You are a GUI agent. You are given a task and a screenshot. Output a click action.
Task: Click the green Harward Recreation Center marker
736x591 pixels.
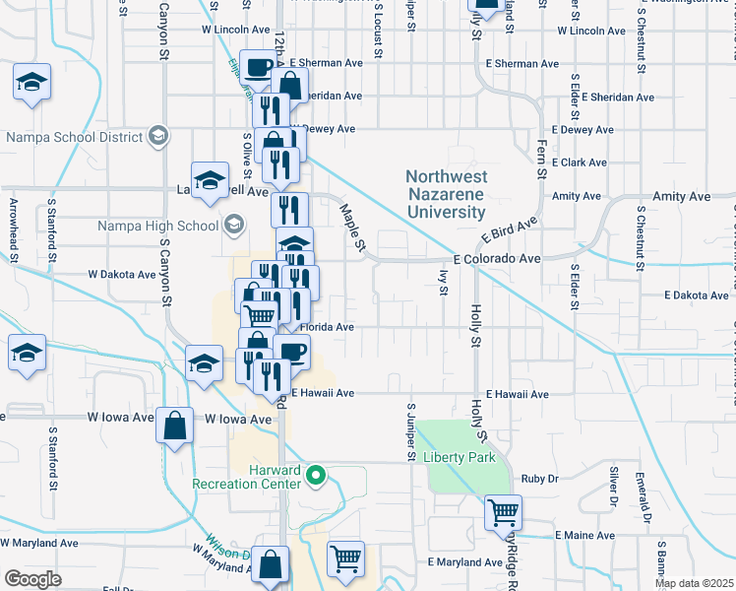pyautogui.click(x=316, y=478)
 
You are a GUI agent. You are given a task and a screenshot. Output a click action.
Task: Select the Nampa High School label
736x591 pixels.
pyautogui.click(x=157, y=226)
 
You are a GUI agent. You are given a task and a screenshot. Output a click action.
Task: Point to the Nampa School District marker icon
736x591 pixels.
pyautogui.click(x=156, y=137)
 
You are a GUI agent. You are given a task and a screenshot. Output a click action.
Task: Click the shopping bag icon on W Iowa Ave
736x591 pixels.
pyautogui.click(x=174, y=427)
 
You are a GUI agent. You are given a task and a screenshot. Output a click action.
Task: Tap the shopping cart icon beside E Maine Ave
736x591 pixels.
pyautogui.click(x=503, y=511)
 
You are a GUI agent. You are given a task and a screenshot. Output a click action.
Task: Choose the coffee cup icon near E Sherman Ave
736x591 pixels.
pyautogui.click(x=259, y=68)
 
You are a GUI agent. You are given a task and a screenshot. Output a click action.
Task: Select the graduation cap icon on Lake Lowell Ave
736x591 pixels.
pyautogui.click(x=209, y=179)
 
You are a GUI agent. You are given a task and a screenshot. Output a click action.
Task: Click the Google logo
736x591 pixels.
pyautogui.click(x=32, y=578)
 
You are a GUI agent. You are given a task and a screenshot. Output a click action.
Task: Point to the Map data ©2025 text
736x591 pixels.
pyautogui.click(x=694, y=583)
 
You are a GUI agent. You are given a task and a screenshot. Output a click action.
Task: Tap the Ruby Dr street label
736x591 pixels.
pyautogui.click(x=540, y=478)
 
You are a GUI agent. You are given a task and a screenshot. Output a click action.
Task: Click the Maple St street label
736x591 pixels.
pyautogui.click(x=352, y=226)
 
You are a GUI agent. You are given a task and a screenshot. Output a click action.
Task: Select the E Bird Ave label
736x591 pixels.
pyautogui.click(x=508, y=232)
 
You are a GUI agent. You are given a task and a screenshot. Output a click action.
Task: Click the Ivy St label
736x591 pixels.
pyautogui.click(x=444, y=284)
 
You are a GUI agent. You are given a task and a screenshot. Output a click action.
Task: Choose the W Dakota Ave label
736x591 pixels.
pyautogui.click(x=122, y=275)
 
